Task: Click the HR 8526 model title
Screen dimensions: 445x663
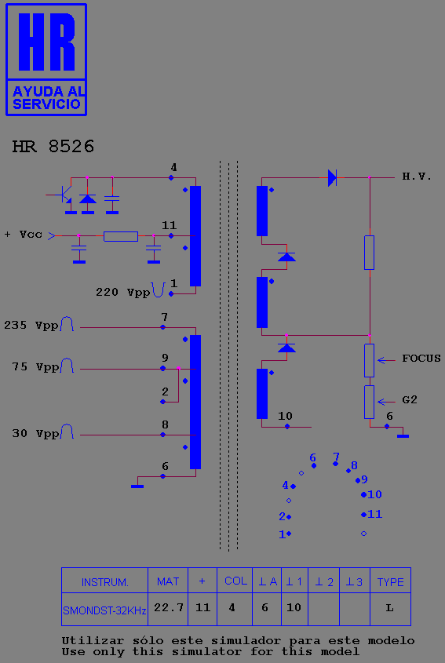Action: pyautogui.click(x=53, y=147)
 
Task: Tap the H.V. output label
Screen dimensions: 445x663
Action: pyautogui.click(x=417, y=177)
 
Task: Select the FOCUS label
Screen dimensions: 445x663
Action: pyautogui.click(x=421, y=359)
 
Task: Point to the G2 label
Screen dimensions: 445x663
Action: pyautogui.click(x=410, y=399)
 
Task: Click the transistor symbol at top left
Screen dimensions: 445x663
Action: pyautogui.click(x=64, y=195)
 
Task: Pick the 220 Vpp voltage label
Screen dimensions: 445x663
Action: pyautogui.click(x=122, y=292)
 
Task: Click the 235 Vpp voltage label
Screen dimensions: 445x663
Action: pyautogui.click(x=31, y=325)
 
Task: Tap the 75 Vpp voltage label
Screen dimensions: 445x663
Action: pyautogui.click(x=35, y=366)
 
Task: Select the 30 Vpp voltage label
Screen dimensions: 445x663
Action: pyautogui.click(x=35, y=433)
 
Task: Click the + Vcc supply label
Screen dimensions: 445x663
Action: pyautogui.click(x=24, y=235)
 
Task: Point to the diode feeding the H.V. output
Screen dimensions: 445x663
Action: pyautogui.click(x=333, y=177)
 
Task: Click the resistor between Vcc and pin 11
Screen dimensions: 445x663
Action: pyautogui.click(x=121, y=236)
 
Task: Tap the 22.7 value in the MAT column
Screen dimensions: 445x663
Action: pyautogui.click(x=169, y=607)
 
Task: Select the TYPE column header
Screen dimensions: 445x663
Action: pyautogui.click(x=390, y=582)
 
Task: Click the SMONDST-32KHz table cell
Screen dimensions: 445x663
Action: pyautogui.click(x=104, y=610)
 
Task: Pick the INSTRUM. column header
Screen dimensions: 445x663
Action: pyautogui.click(x=104, y=582)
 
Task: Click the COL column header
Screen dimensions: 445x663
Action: pyautogui.click(x=235, y=581)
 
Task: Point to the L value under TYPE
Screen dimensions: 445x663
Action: pyautogui.click(x=389, y=608)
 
